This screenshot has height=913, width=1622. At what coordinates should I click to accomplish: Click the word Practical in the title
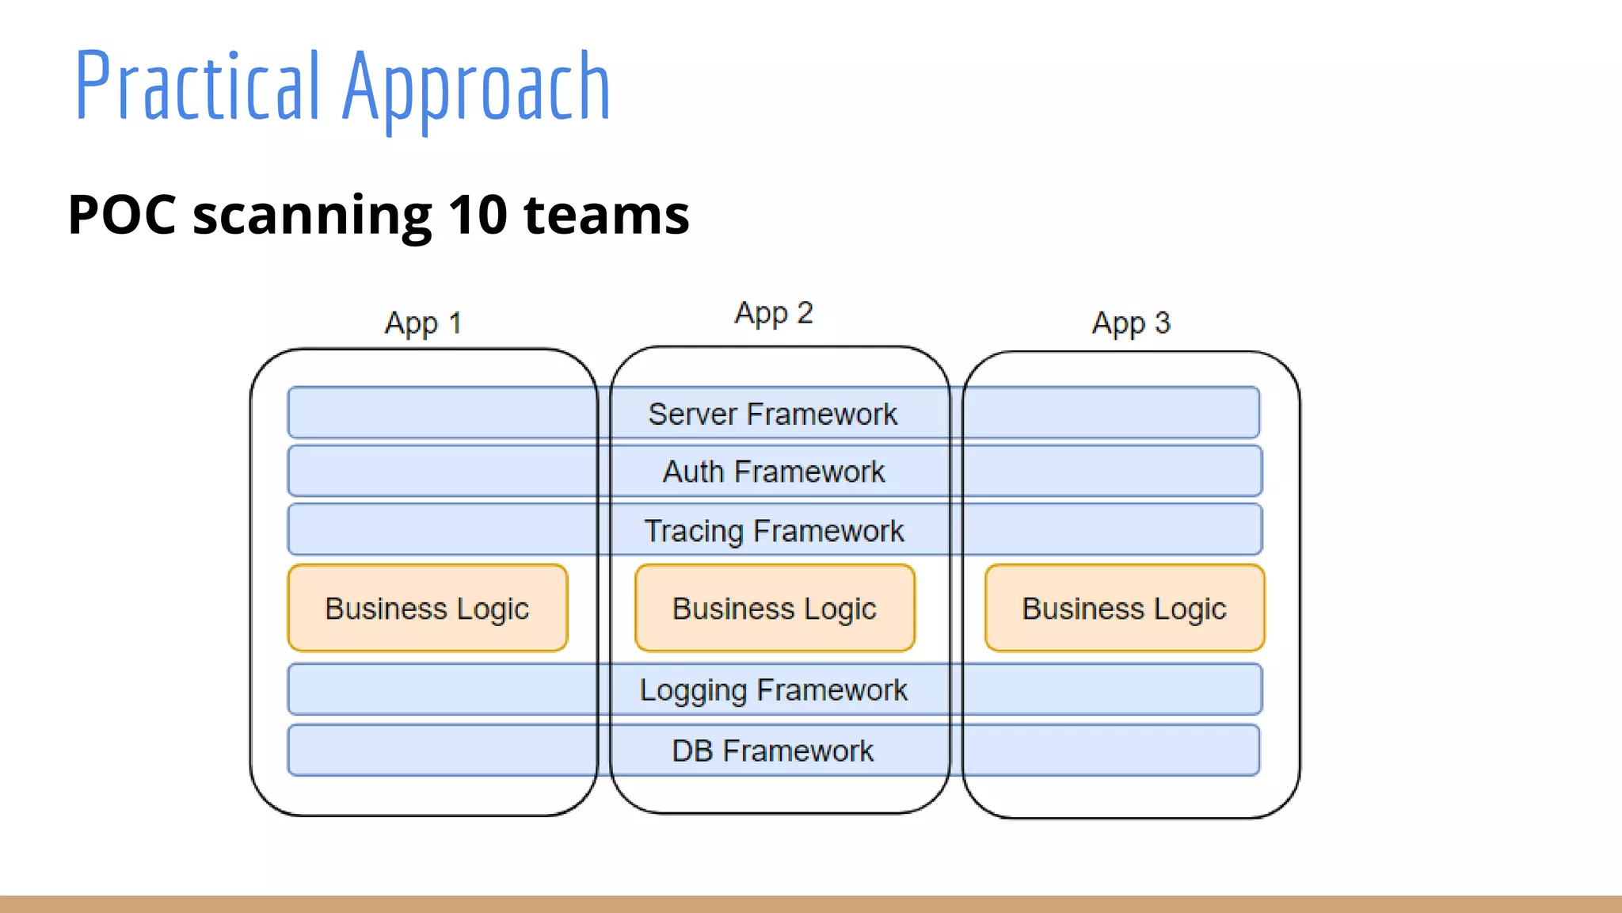[198, 86]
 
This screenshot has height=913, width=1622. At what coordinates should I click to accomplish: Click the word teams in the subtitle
[607, 216]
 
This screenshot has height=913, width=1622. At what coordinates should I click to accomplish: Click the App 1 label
[423, 323]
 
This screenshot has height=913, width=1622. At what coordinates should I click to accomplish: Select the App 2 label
[774, 313]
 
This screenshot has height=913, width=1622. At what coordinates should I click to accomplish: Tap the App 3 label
[1131, 323]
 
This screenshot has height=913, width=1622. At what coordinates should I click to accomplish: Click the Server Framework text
[773, 414]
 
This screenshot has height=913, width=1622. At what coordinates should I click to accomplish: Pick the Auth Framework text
[774, 472]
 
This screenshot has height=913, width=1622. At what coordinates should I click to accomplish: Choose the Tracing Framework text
[774, 530]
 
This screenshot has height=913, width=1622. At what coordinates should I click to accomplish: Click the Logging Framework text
[774, 690]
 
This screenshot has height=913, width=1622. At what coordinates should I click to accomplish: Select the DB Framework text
[773, 751]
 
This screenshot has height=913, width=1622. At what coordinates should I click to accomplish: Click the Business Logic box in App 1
[428, 608]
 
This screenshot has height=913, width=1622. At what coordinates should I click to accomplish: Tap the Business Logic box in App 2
[775, 608]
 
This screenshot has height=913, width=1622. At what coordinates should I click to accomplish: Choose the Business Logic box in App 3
[1125, 608]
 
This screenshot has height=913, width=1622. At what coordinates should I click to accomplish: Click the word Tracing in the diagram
[694, 531]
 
